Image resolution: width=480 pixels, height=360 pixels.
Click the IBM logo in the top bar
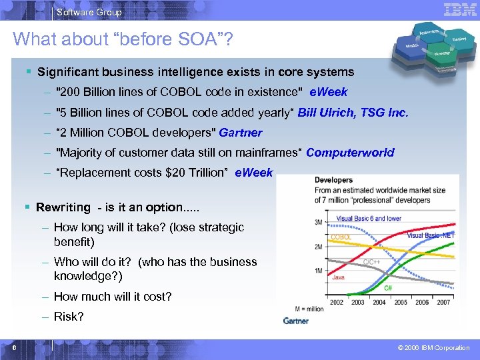point(459,9)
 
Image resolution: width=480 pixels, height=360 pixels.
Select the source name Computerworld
point(350,153)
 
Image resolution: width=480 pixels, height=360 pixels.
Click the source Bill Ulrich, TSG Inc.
point(353,113)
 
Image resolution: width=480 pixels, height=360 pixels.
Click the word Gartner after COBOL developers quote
point(242,133)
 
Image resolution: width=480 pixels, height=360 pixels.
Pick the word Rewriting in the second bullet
point(63,207)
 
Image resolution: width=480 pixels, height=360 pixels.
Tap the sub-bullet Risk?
point(69,317)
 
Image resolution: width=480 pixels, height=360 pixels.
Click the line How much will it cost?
point(113,297)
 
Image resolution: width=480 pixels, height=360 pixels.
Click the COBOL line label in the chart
point(341,237)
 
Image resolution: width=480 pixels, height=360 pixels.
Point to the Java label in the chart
point(338,277)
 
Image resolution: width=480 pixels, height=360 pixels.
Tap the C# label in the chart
point(388,288)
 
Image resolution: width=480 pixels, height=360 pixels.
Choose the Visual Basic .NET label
point(430,235)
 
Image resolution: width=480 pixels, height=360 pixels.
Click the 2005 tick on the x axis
point(400,302)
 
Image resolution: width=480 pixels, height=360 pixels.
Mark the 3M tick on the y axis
point(319,222)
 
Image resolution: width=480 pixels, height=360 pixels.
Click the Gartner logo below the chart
point(295,321)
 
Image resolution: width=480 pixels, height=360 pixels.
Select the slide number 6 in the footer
point(14,347)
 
